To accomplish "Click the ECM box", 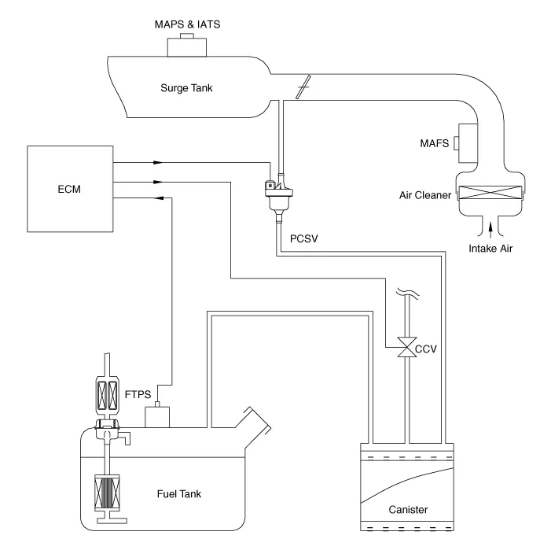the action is pyautogui.click(x=70, y=189).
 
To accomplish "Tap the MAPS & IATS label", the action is pyautogui.click(x=187, y=24).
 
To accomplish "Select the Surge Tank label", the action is pyautogui.click(x=186, y=88).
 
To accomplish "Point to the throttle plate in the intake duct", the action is pyautogui.click(x=303, y=87).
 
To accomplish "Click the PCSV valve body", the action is pyautogui.click(x=279, y=197).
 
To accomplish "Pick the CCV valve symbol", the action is pyautogui.click(x=407, y=347).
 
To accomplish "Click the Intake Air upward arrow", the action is pyautogui.click(x=490, y=229).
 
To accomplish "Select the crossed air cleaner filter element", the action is pyautogui.click(x=490, y=192).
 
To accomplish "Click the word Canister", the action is pyautogui.click(x=408, y=510).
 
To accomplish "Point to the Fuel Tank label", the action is pyautogui.click(x=179, y=493).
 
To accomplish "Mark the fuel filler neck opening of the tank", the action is pyautogui.click(x=260, y=419).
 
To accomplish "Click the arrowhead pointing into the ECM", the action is pyautogui.click(x=159, y=198).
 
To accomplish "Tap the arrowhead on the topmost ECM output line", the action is pyautogui.click(x=158, y=162).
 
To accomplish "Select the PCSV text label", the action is pyautogui.click(x=303, y=238).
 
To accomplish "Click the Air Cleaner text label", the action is pyautogui.click(x=425, y=195).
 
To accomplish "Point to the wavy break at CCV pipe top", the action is pyautogui.click(x=408, y=293).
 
